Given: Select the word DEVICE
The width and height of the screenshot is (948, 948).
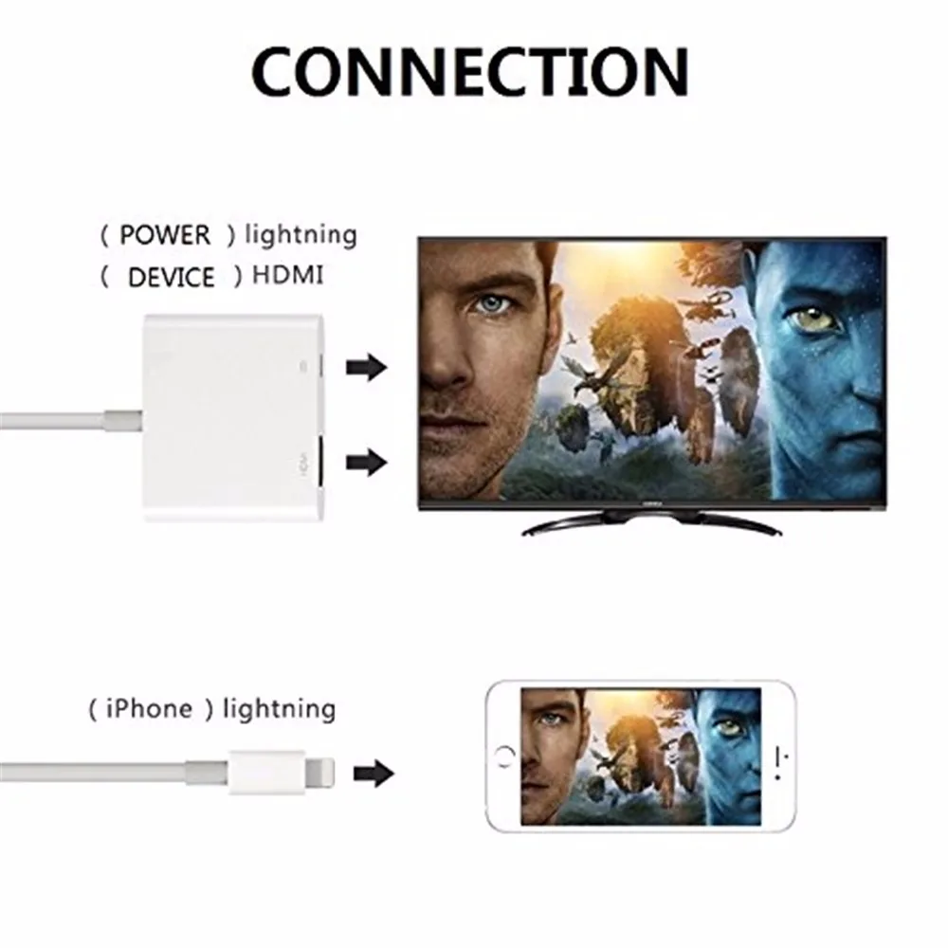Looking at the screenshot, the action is coord(171,277).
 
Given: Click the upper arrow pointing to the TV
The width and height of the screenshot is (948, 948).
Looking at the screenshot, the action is coord(368,366).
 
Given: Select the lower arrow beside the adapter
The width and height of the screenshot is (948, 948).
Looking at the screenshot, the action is coord(368,462).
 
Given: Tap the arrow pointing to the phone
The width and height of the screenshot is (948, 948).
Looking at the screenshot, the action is coord(374,774).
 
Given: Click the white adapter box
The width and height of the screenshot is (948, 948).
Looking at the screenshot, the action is coord(232,417).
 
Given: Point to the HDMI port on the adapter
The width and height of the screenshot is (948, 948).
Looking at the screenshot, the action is coord(319,462).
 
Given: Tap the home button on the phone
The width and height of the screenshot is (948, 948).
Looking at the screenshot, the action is coord(503,757).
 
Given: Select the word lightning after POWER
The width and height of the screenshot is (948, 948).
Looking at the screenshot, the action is coord(300,234).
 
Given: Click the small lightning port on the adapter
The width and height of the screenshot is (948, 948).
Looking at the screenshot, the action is coord(319,366).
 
